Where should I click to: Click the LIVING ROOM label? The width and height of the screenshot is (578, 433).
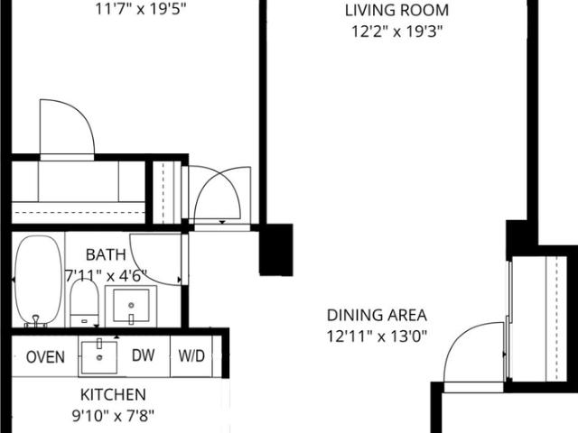coord(396,10)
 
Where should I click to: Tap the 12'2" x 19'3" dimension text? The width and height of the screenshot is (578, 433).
coord(396,32)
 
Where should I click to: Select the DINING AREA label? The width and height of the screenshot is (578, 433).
coord(377,315)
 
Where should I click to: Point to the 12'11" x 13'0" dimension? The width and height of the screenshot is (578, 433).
coord(377,336)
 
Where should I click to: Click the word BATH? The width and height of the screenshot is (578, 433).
coord(106,254)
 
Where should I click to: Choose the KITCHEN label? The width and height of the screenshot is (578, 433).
coord(113,395)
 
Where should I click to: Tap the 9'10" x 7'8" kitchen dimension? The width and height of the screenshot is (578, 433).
coord(113,416)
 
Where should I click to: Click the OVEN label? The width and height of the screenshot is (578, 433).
coord(46,357)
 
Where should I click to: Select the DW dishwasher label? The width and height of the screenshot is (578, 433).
coord(143,355)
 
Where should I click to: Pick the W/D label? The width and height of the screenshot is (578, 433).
coord(191,356)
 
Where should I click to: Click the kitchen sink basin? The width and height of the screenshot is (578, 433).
coord(99,357)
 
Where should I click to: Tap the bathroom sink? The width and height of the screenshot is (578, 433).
coord(131,307)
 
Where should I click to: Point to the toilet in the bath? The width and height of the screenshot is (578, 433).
coord(84,303)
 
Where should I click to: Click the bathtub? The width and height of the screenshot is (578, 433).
coord(38,281)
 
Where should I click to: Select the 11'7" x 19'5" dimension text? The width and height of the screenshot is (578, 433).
coord(141,9)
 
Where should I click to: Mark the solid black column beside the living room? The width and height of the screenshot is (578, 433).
coord(276,250)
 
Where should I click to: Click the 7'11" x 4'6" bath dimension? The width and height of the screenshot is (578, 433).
coord(107,275)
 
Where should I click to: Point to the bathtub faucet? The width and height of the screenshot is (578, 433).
coord(36,320)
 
